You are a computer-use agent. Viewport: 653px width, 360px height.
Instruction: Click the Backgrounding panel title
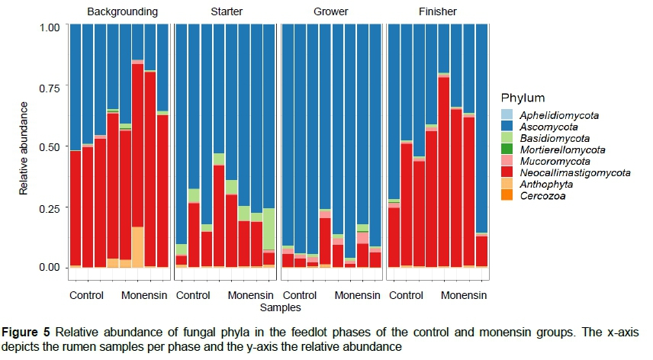click(x=122, y=12)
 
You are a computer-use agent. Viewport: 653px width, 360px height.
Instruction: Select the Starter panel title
click(x=227, y=12)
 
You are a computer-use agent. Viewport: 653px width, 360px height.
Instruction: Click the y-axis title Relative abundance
click(x=25, y=147)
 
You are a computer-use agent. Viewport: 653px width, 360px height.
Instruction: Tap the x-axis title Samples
click(x=280, y=308)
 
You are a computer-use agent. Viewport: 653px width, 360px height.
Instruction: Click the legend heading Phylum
click(x=523, y=98)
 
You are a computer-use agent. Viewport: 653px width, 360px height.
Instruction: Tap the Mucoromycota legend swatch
click(x=507, y=162)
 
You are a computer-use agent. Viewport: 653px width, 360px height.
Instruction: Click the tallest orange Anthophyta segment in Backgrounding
click(x=137, y=246)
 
